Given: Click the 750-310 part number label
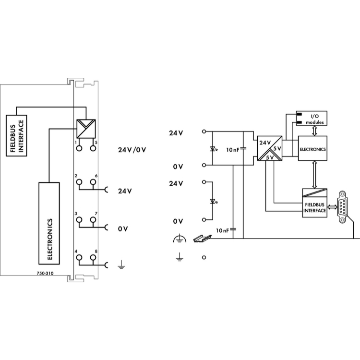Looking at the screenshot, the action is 45,273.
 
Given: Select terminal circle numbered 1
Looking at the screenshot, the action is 79,148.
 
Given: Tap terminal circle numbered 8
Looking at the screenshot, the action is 93,257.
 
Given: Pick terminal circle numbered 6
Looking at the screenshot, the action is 93,182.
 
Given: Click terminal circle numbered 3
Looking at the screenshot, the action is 79,220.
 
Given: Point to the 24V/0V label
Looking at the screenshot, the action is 132,150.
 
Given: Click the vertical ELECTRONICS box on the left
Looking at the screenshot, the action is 49,223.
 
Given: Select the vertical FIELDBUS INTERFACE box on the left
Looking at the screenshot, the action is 16,136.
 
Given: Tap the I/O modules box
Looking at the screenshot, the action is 312,118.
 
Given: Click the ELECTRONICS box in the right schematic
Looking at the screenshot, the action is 312,148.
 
